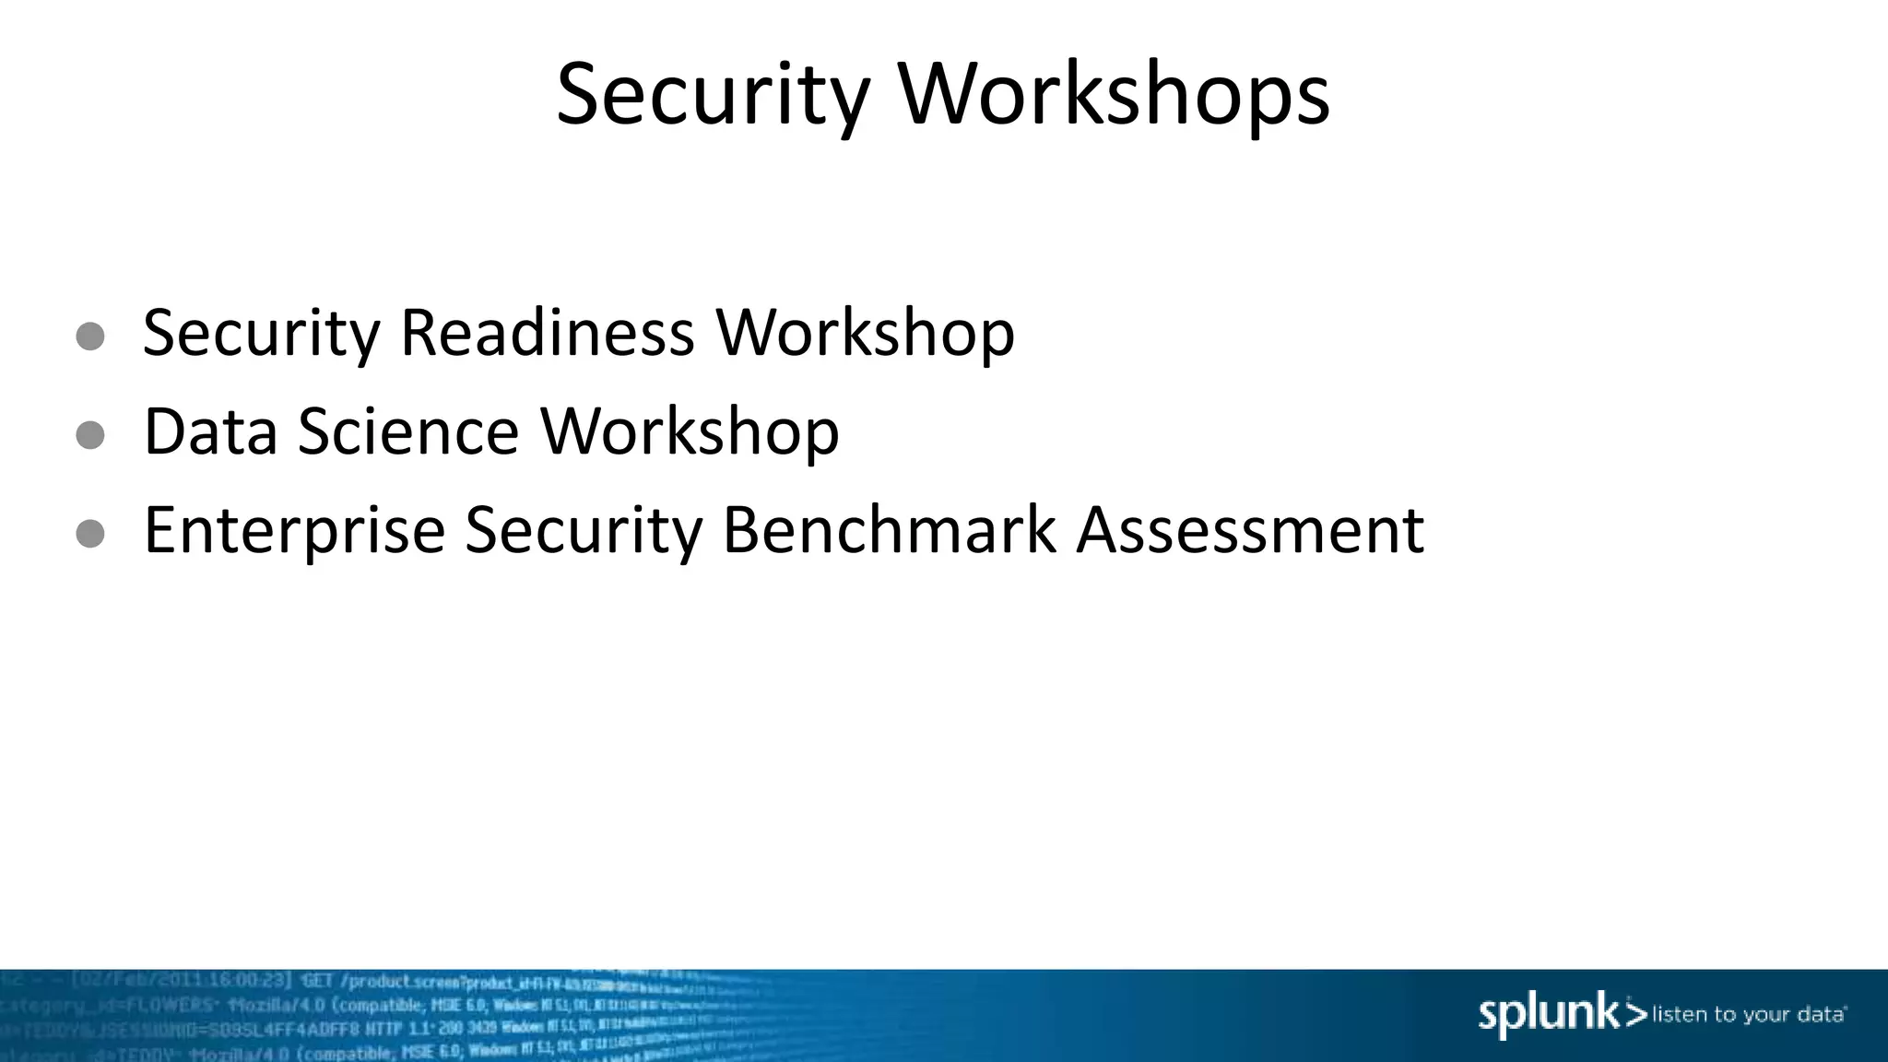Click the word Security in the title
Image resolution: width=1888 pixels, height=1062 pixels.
click(713, 95)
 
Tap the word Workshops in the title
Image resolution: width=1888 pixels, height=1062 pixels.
click(1114, 95)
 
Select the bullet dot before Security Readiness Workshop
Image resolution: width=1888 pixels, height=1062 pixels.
click(90, 336)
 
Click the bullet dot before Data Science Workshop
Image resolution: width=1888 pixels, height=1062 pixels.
click(90, 435)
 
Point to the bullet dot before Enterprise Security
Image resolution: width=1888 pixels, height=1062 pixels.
click(90, 533)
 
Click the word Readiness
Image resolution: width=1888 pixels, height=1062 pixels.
click(547, 332)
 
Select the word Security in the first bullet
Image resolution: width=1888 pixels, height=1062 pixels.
click(261, 334)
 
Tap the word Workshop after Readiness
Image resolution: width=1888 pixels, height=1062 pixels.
click(866, 334)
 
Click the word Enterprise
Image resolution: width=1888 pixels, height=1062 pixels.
click(294, 531)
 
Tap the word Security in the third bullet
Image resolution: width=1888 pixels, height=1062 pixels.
click(583, 531)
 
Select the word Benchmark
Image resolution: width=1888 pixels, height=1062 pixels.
click(889, 530)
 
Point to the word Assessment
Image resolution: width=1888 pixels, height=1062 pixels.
click(1250, 530)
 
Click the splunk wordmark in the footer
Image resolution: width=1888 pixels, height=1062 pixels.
click(1549, 1014)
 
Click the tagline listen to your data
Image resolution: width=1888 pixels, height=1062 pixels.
click(1748, 1015)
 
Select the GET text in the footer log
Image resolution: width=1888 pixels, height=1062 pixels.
click(316, 980)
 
